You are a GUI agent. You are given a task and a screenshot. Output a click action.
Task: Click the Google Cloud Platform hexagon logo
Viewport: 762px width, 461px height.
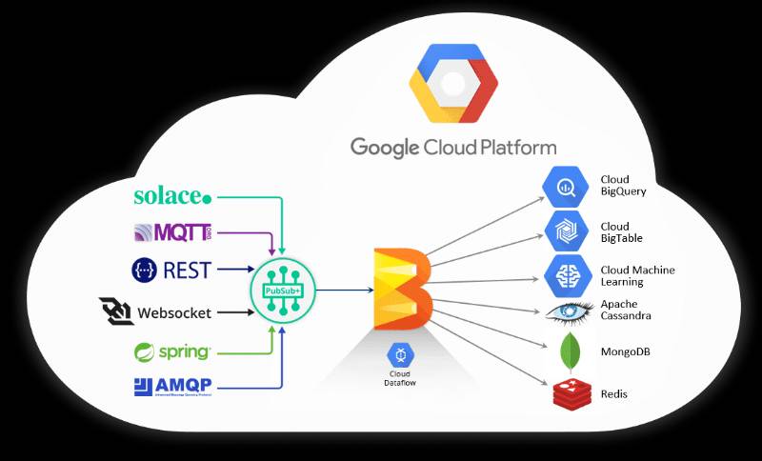click(x=453, y=84)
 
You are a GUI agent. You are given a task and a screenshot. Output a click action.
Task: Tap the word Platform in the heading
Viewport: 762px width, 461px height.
click(x=512, y=147)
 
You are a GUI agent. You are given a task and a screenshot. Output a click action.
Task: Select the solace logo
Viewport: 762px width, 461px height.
click(x=172, y=196)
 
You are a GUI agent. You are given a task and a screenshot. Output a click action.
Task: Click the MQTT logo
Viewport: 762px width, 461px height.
click(x=171, y=232)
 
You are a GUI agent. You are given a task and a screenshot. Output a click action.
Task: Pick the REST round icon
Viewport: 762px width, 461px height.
click(x=144, y=270)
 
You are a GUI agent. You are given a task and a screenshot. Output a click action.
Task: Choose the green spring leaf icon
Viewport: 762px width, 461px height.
click(x=145, y=351)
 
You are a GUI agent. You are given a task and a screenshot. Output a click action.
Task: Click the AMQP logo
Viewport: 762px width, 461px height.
click(x=171, y=387)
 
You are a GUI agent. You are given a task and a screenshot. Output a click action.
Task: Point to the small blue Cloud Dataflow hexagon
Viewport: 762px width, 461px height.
click(x=399, y=355)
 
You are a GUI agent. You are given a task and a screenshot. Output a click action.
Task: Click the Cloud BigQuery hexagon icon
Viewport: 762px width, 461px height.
click(x=563, y=186)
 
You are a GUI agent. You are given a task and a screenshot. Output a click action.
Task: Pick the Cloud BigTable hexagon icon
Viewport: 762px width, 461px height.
click(x=563, y=230)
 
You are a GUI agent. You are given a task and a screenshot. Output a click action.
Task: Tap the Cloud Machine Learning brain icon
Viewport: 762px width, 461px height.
click(x=563, y=274)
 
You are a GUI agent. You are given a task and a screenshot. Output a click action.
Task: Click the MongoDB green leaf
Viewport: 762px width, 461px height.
click(x=571, y=351)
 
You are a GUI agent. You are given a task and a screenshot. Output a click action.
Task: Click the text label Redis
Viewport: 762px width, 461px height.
click(x=614, y=393)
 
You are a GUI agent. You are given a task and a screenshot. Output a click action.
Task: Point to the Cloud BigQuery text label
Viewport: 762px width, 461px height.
click(x=623, y=186)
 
